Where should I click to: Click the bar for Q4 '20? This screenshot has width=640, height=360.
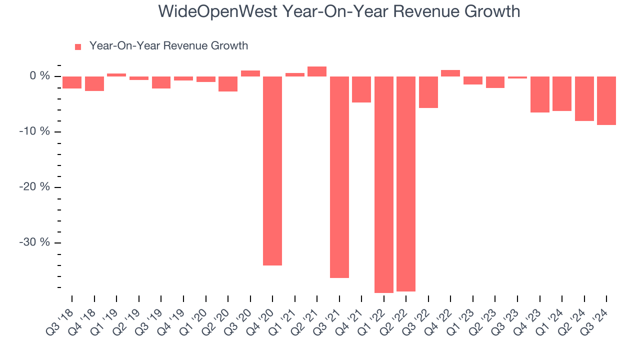coord(272,170)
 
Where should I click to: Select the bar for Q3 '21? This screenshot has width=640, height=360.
coord(339,176)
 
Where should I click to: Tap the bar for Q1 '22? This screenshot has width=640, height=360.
coord(384,184)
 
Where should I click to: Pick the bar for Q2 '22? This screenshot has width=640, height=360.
coord(406,183)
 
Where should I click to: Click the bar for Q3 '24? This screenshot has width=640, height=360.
coord(606,100)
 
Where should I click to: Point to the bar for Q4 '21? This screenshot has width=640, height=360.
coord(361,89)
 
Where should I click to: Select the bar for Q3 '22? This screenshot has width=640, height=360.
coord(428,92)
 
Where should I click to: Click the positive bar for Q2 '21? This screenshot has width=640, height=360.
coord(317,71)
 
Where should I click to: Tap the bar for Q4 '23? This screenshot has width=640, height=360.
coord(540,94)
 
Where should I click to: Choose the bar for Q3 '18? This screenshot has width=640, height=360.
coord(72,82)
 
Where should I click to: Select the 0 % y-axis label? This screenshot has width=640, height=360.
coord(40,76)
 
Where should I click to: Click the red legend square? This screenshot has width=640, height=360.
coord(78,47)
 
